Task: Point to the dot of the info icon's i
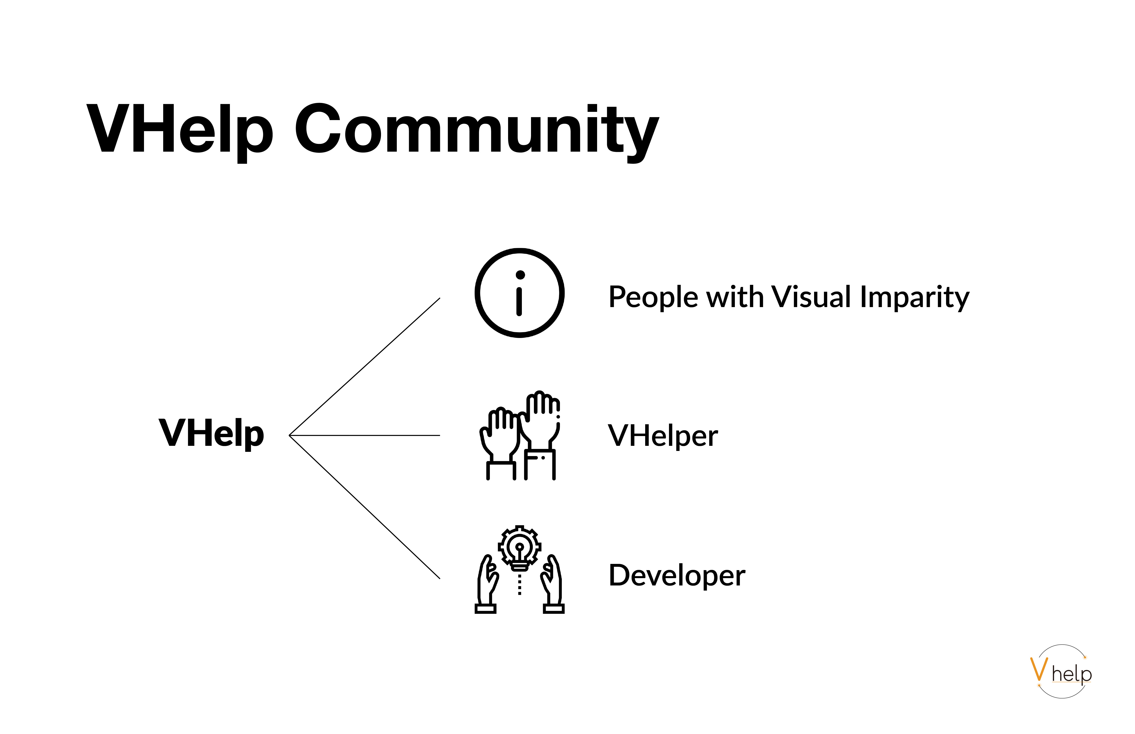coord(520,275)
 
